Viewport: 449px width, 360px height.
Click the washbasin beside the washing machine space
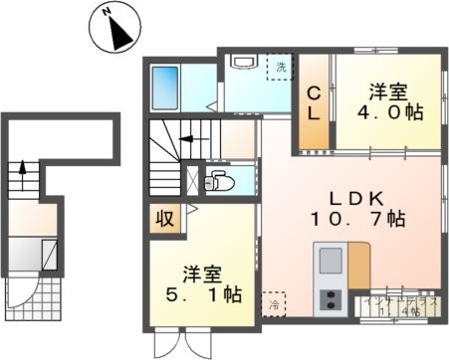(x=241, y=61)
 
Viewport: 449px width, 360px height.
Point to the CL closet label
(x=313, y=103)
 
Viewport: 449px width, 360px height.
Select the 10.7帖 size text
(x=355, y=218)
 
